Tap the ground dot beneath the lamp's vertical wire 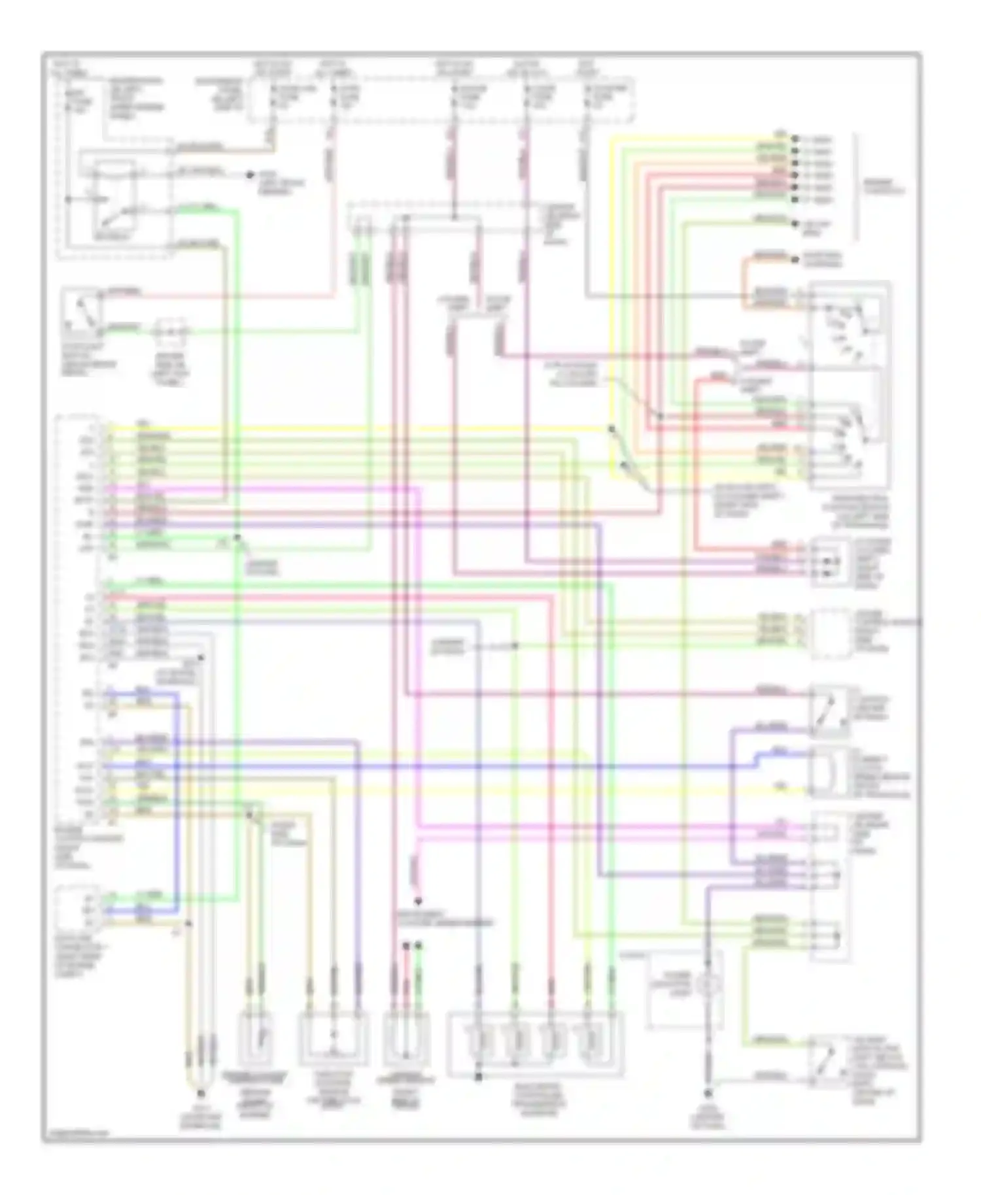click(x=708, y=1093)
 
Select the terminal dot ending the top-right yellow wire click(x=795, y=139)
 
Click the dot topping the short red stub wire click(x=406, y=945)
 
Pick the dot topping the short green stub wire click(x=419, y=945)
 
